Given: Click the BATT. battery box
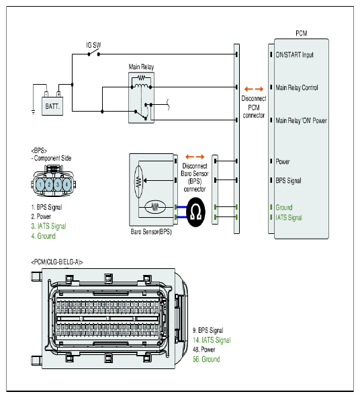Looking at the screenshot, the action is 52,106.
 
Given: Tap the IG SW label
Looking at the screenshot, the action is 93,45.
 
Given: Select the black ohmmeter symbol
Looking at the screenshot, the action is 195,212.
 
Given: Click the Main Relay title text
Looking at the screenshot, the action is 141,67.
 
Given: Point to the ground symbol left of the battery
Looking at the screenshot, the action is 33,112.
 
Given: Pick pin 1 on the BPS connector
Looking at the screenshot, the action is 40,184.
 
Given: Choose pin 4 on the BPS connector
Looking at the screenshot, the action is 66,184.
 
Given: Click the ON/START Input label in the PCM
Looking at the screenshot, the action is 295,55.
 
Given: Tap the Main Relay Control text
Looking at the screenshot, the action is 297,87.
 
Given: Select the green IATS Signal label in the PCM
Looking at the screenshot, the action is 289,218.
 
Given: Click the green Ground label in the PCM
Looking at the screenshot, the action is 284,207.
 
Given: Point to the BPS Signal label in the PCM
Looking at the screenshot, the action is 289,181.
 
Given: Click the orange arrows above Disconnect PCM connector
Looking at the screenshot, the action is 254,89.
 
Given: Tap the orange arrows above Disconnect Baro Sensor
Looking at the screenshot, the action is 195,157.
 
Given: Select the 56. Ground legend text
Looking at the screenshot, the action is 206,359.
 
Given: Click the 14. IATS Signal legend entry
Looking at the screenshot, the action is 212,340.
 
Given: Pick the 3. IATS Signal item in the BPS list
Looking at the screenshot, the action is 48,226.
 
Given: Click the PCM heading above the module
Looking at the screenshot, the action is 302,33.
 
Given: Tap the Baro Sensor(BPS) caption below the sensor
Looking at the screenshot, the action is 151,232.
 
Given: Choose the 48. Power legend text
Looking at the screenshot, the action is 204,350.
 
